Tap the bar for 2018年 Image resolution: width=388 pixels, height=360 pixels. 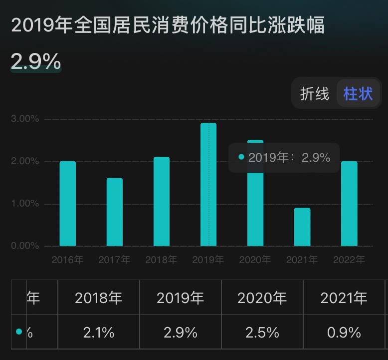[162, 202]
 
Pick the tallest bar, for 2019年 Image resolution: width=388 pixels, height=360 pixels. [208, 185]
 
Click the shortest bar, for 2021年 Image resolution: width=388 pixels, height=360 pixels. [302, 227]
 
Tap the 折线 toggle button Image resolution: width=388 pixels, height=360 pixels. [315, 93]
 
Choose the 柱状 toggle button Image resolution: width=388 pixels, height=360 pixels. [358, 93]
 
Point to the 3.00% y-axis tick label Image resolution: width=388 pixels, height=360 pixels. [24, 119]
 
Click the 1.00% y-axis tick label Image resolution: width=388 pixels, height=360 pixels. [24, 204]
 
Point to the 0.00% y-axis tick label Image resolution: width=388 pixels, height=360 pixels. [24, 246]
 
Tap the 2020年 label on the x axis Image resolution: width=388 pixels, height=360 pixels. [255, 260]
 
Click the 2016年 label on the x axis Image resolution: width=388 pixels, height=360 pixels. [67, 260]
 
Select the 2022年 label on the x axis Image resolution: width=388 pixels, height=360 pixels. [349, 260]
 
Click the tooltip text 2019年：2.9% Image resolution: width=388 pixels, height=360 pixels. [289, 158]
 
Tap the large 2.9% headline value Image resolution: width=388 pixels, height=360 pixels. [36, 61]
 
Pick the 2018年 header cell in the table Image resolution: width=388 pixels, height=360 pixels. [99, 298]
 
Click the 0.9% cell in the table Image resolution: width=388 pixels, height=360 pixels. [344, 332]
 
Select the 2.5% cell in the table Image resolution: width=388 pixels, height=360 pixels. [262, 332]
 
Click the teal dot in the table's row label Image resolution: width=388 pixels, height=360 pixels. [19, 332]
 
